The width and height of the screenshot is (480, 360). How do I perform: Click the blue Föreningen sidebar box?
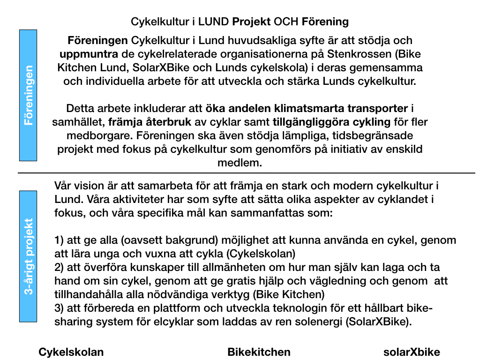pos(28,95)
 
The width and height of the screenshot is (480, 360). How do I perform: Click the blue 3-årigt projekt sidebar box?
pos(28,256)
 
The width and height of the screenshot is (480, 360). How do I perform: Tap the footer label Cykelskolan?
pos(71,352)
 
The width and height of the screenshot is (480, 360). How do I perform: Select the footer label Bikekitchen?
pos(259,352)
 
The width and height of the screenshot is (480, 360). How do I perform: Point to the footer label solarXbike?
pos(412,352)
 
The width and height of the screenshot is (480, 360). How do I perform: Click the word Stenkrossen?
pos(365,54)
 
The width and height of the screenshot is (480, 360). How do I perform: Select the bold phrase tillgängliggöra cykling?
pos(331,122)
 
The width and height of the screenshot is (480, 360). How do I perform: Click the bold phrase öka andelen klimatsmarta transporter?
pos(307,109)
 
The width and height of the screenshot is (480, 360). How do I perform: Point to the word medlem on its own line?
pos(240,163)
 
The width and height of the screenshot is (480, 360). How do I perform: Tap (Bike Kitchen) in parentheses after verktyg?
pos(291,295)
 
